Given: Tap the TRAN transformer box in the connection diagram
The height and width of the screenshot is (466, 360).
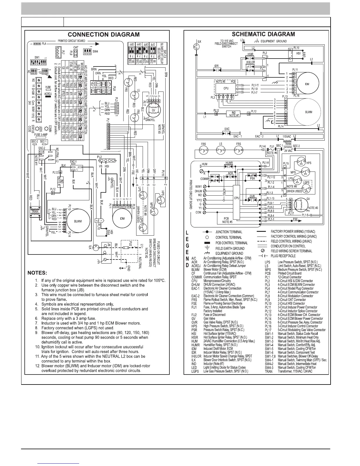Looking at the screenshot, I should coord(35,211).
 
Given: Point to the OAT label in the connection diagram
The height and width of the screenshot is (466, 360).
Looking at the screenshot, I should coord(76,47).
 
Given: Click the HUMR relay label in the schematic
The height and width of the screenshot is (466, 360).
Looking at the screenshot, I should coord(229,163).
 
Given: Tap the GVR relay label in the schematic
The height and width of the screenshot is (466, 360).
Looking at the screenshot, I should coord(252,196).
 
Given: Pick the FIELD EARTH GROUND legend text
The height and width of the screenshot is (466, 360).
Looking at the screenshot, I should coord(230,248).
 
